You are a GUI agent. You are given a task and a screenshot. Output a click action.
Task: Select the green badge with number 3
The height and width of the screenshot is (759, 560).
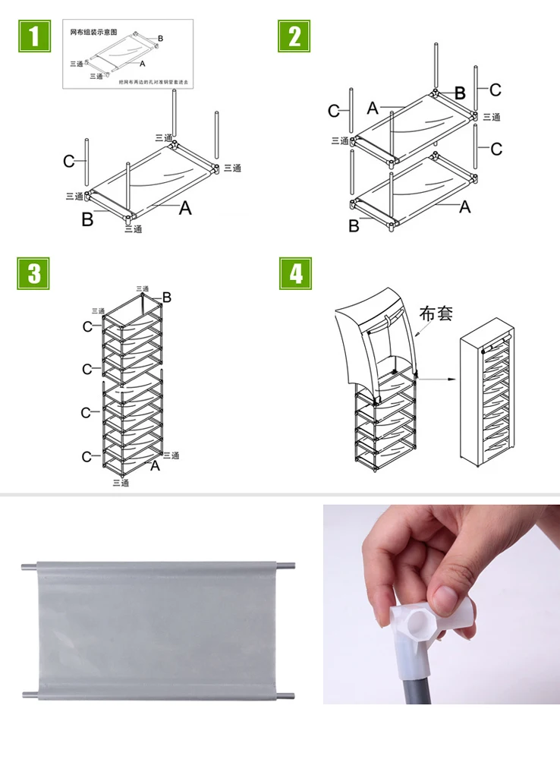point(33,273)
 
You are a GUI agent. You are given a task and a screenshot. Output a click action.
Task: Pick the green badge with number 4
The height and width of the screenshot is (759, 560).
point(295,273)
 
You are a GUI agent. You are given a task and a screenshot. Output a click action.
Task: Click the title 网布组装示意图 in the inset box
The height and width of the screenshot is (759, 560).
point(93,33)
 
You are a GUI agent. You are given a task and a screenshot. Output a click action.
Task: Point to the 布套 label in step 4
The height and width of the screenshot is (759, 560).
point(436,313)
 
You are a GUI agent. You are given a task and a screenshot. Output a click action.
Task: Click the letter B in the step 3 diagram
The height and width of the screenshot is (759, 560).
point(167,298)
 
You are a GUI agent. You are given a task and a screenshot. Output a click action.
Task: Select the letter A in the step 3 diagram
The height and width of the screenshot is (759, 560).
point(155,465)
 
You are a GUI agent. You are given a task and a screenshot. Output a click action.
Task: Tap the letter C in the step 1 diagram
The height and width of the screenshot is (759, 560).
point(69,161)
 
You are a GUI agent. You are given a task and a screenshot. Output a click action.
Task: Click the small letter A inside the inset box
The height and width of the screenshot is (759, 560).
point(142,64)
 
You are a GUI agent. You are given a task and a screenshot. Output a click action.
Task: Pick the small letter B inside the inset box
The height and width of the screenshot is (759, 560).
point(160,38)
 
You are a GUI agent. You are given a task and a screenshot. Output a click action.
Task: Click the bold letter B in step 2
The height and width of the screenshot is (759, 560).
point(460,93)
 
